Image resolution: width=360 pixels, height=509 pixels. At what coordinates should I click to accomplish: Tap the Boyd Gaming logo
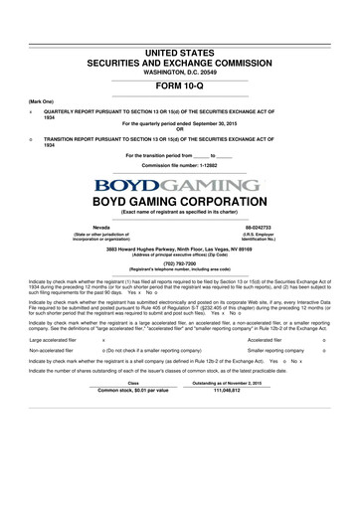(180, 185)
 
